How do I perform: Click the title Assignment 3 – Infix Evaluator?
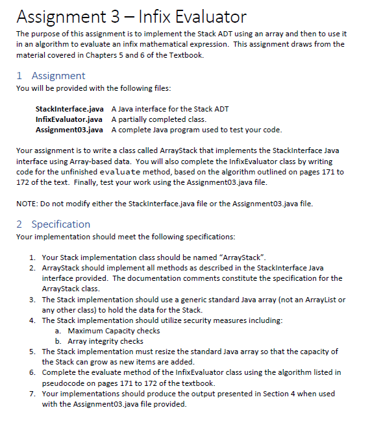(x=131, y=15)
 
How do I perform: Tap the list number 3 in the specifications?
(x=32, y=300)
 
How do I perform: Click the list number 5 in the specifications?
(x=32, y=351)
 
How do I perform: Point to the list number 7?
(x=32, y=393)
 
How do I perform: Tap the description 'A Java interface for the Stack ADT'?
(x=170, y=108)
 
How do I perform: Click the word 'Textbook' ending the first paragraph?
(x=187, y=56)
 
